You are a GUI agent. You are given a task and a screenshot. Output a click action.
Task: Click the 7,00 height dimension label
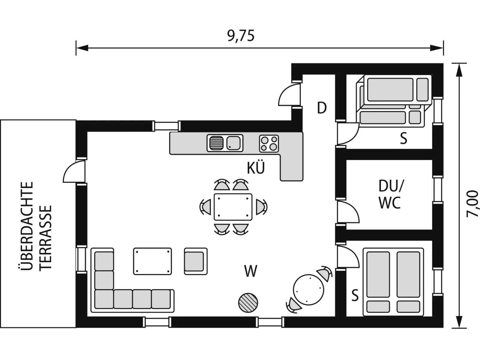tap(472, 204)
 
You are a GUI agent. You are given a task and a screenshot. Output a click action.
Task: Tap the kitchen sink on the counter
tap(225, 143)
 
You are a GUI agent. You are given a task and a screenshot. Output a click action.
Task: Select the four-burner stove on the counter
tap(269, 144)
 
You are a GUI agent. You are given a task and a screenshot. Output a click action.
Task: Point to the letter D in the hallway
tap(322, 108)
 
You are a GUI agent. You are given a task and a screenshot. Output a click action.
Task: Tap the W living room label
tap(251, 271)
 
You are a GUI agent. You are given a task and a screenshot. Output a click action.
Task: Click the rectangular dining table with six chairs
tap(233, 207)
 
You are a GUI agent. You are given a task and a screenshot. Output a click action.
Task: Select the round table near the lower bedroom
tap(308, 290)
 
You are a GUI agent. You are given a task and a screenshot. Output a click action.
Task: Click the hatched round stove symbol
tap(248, 303)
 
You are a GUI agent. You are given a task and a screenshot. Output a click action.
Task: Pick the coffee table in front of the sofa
tap(152, 261)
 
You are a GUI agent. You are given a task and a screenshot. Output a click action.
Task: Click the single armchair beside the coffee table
tap(196, 261)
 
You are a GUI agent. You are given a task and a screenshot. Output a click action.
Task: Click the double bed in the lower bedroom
tap(393, 282)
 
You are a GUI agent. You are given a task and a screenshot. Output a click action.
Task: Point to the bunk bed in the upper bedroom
tap(394, 101)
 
